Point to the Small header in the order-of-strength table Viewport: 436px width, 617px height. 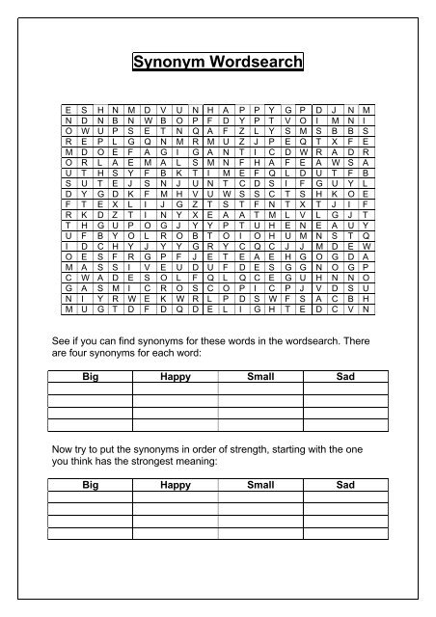[260, 485]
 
